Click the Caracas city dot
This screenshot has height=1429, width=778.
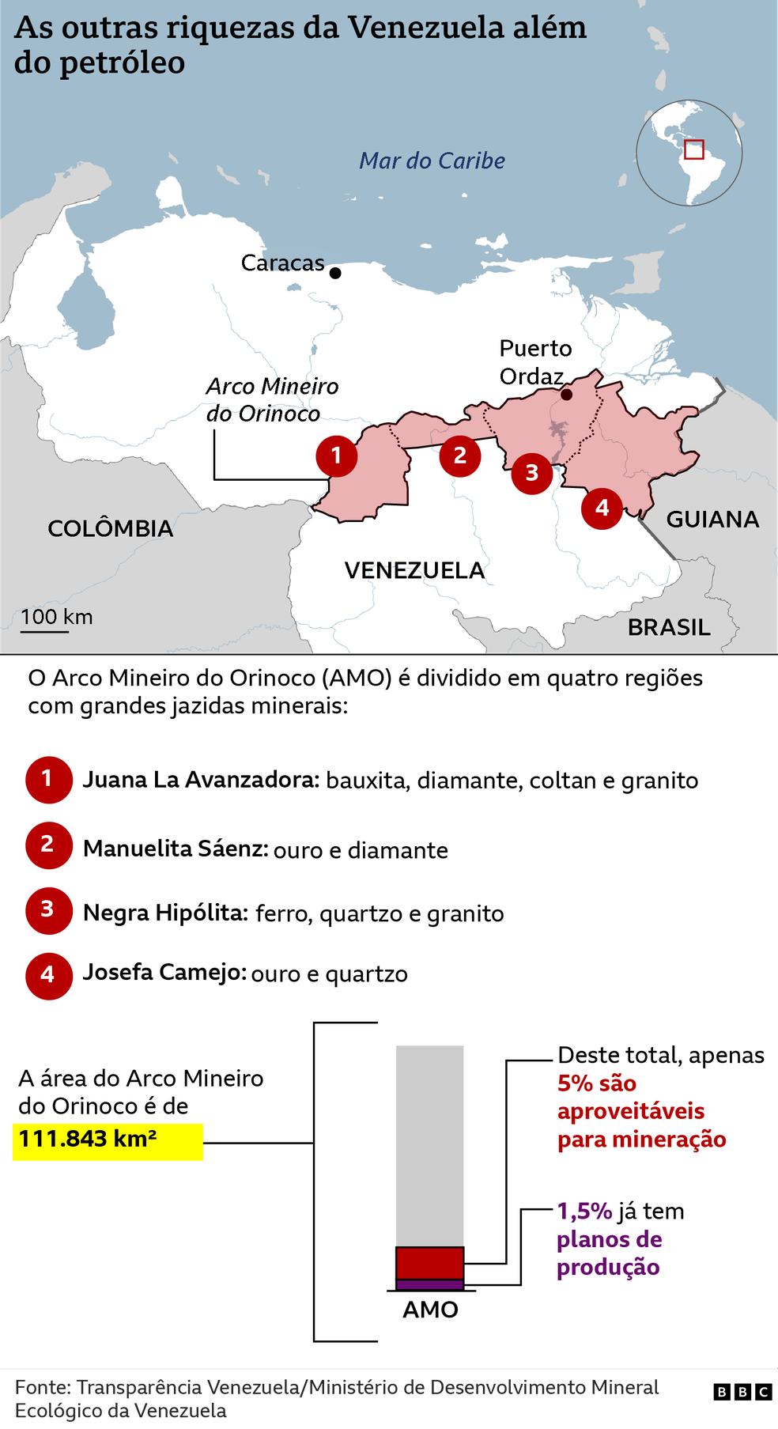(335, 273)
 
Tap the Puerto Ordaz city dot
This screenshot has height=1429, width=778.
(566, 394)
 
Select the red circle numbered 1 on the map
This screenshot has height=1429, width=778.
(336, 456)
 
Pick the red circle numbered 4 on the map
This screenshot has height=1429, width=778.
(602, 508)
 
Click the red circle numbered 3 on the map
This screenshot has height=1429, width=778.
(531, 473)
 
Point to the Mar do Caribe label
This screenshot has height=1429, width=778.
(432, 161)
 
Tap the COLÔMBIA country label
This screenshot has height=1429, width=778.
(110, 528)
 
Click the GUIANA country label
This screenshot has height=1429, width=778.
(712, 520)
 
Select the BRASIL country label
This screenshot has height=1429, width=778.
(669, 627)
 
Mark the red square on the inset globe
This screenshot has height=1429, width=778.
(693, 149)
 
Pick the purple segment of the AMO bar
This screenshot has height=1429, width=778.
(429, 1284)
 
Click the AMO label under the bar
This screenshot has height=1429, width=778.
(430, 1310)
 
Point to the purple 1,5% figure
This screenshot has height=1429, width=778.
(584, 1212)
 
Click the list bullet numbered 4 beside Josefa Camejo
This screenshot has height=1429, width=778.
(48, 975)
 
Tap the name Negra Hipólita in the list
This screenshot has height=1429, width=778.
(165, 913)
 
